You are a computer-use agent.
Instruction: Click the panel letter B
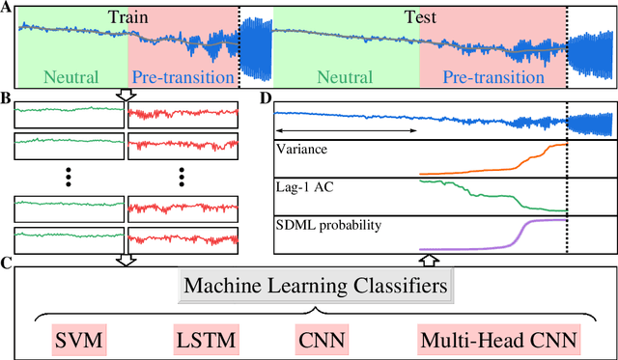[7, 97]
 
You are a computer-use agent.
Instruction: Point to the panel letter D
[267, 97]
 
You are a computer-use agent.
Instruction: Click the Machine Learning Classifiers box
[317, 287]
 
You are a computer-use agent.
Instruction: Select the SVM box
[77, 340]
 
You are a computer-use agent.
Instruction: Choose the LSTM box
[203, 340]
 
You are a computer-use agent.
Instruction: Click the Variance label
[303, 151]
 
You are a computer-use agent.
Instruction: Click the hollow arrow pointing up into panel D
[432, 259]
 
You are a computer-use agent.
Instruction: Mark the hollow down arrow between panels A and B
[126, 95]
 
